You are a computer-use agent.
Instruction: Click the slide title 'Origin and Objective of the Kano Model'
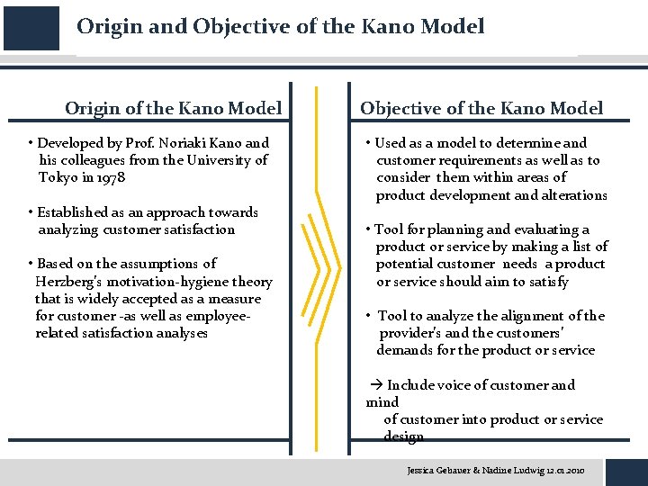point(280,27)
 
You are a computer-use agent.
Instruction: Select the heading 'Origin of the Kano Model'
point(173,109)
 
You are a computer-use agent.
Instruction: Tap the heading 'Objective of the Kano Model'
point(481,109)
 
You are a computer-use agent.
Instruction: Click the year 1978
point(111,177)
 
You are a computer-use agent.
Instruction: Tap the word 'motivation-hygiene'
point(163,282)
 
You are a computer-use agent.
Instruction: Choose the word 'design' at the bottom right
point(403,436)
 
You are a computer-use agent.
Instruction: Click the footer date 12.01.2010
point(564,470)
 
